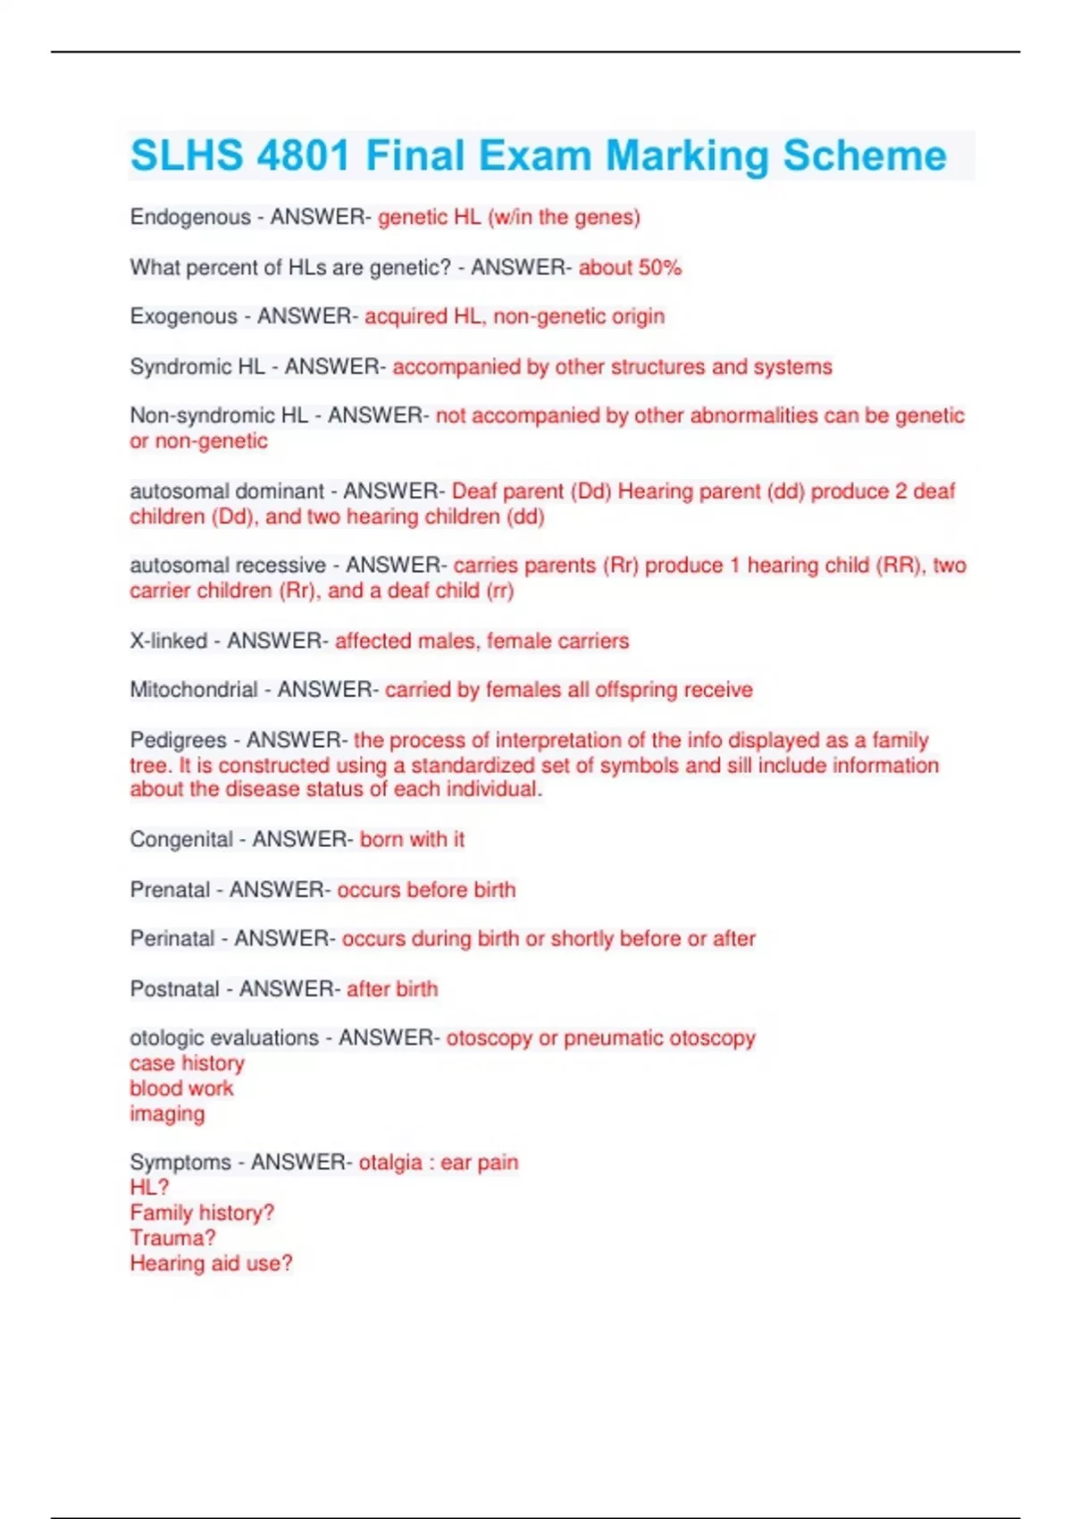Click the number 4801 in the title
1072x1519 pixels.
coord(303,156)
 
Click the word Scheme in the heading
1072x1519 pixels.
coord(864,156)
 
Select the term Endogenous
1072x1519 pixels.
coord(190,217)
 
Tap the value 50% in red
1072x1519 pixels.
coord(660,267)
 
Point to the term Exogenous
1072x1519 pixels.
coord(184,316)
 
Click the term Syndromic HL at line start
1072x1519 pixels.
coord(197,366)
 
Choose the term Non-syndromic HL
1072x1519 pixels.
coord(219,415)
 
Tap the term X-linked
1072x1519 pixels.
coord(169,641)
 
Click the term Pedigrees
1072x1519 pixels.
coord(179,740)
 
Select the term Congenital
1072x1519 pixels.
coord(181,839)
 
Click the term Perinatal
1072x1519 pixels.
coord(172,939)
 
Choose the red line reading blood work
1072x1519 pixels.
coord(181,1088)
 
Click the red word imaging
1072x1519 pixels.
coord(167,1113)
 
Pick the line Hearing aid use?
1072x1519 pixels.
coord(211,1263)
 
